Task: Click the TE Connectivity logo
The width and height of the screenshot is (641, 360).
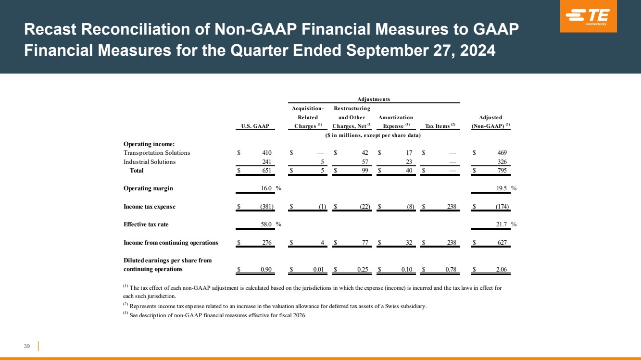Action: tap(588, 17)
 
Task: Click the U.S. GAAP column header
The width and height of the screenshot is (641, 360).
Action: tap(255, 126)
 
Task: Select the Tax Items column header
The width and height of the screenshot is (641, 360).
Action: tap(437, 126)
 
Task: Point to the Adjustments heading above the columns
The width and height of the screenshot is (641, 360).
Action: tap(374, 99)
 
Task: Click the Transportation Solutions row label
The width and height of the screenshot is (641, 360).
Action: tap(157, 153)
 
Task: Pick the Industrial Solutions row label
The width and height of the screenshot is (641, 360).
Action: tap(150, 162)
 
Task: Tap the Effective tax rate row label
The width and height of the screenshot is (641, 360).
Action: tap(146, 224)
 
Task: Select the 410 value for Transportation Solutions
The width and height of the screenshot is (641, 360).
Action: tap(267, 153)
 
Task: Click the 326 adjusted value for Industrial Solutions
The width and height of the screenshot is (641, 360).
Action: tap(501, 162)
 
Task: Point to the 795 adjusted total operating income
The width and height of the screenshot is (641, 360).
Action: tap(501, 171)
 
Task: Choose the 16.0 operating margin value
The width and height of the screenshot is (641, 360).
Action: tap(266, 188)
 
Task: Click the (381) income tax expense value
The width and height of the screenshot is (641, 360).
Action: tap(265, 207)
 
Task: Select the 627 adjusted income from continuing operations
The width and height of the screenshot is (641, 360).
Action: tap(501, 243)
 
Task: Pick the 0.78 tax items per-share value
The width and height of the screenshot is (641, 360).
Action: tap(451, 270)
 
